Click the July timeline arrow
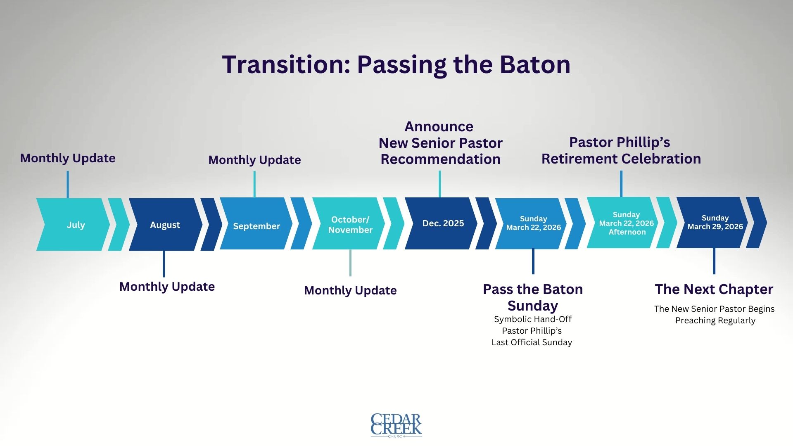click(x=74, y=225)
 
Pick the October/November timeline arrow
click(x=349, y=223)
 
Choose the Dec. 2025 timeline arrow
click(x=441, y=223)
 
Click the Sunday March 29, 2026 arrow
click(x=712, y=223)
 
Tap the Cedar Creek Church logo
click(x=396, y=425)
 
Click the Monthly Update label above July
click(x=68, y=159)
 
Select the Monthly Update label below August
click(x=167, y=287)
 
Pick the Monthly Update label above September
click(x=254, y=160)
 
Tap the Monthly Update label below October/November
click(x=350, y=291)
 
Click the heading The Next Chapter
click(x=714, y=289)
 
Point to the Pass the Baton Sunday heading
click(x=533, y=297)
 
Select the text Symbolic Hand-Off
click(x=533, y=319)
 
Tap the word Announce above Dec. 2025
click(x=439, y=126)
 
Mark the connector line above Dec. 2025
click(x=440, y=184)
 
